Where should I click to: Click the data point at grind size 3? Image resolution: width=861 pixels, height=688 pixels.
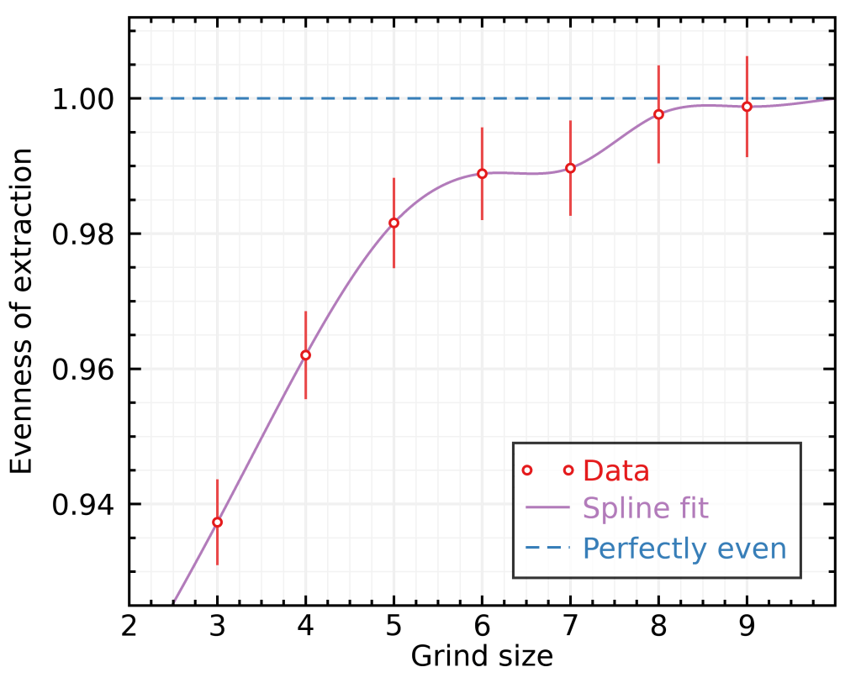click(217, 522)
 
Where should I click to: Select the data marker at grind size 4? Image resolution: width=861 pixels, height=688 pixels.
click(305, 355)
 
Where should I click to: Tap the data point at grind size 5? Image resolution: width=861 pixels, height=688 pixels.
click(394, 223)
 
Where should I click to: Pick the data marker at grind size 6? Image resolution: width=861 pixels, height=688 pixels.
click(482, 174)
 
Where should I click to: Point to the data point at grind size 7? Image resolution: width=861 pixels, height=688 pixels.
click(570, 168)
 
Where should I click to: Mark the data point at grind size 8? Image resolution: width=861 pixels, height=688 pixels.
click(658, 114)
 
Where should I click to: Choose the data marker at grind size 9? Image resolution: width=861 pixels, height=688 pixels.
click(747, 107)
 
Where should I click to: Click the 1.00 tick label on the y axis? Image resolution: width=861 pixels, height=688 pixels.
click(84, 99)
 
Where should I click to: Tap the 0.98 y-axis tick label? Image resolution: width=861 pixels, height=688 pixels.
click(84, 234)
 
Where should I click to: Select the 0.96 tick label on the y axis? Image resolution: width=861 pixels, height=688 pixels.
click(84, 370)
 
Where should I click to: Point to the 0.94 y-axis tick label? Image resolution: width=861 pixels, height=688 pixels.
click(84, 505)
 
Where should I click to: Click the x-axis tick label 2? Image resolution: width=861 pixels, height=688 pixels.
click(129, 627)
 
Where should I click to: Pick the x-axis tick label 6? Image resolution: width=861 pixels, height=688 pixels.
click(482, 627)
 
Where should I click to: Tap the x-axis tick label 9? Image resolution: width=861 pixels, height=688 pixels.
click(747, 627)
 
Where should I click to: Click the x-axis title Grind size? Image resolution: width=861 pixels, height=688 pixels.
click(482, 656)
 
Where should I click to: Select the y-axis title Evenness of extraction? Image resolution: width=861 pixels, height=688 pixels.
click(23, 311)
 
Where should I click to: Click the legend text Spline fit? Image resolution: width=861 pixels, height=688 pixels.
click(645, 508)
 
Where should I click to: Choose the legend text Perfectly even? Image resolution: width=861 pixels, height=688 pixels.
click(684, 549)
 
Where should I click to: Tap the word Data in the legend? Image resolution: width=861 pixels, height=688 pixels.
click(615, 470)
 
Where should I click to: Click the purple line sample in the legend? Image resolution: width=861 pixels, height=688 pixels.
click(547, 508)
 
